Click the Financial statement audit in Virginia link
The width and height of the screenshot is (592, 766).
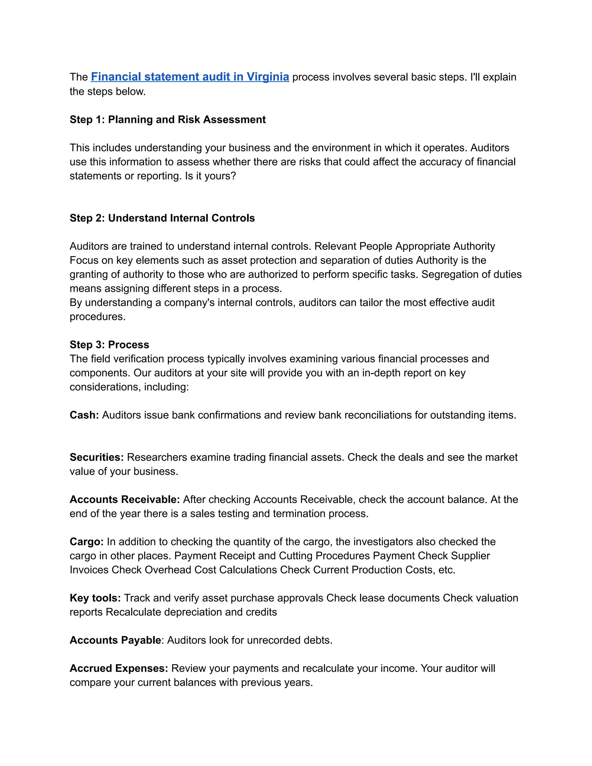point(190,77)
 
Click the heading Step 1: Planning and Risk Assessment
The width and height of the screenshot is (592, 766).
point(167,120)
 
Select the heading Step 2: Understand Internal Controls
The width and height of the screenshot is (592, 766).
point(162,218)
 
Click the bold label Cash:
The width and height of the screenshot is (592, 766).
point(84,415)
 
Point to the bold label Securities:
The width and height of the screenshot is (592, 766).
point(97,457)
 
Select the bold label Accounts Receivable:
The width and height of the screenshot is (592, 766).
point(125,499)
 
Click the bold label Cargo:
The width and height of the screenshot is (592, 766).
point(86,542)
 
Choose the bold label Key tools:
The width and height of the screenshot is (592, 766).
point(95,598)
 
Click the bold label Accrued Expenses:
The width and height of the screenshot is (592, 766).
point(119,669)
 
